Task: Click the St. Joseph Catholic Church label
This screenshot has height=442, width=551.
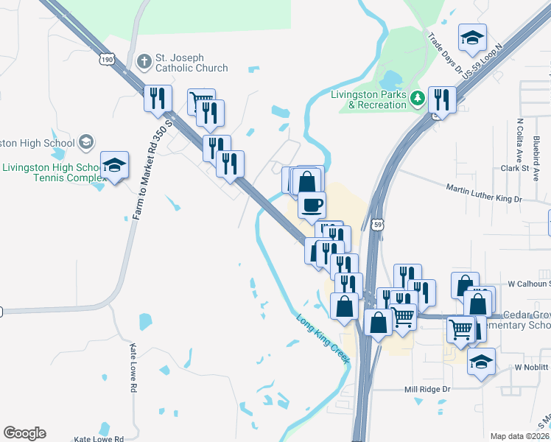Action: pos(191,63)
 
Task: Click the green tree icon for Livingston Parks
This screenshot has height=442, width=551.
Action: pos(418,98)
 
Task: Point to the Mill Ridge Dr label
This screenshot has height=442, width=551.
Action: pos(427,389)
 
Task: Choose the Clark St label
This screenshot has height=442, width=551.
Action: pos(516,168)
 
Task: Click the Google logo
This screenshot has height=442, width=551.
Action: pos(24,433)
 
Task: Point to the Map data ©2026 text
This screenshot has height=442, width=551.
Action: pos(519,436)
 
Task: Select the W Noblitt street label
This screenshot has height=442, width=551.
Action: pos(531,367)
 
